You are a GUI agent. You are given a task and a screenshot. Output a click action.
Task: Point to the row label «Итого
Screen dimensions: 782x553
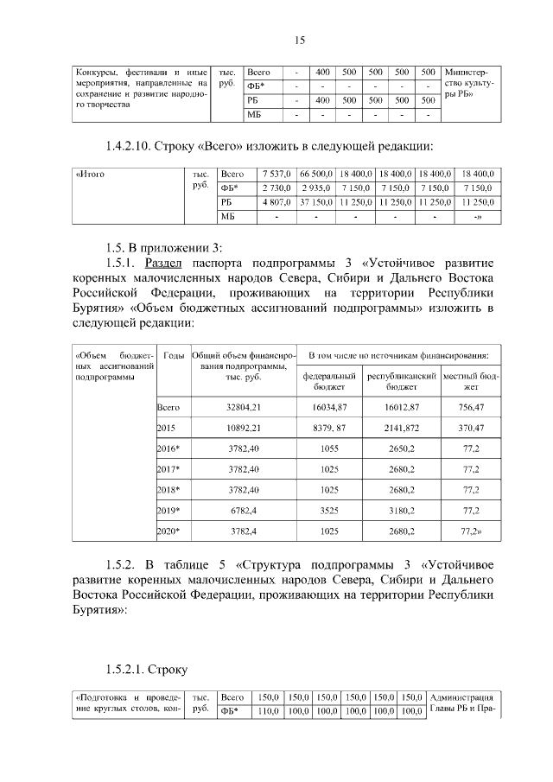(x=91, y=174)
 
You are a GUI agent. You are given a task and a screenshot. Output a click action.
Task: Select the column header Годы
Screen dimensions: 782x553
(x=173, y=355)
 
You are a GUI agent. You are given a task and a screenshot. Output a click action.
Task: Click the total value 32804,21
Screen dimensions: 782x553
(x=244, y=406)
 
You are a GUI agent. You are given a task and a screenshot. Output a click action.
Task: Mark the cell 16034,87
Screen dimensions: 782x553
(x=329, y=406)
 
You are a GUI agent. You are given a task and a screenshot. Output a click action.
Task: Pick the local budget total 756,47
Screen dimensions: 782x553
(x=471, y=406)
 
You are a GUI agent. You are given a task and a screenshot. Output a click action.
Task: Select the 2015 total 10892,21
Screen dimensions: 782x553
(x=244, y=428)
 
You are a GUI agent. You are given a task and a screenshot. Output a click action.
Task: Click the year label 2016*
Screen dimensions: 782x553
(x=168, y=448)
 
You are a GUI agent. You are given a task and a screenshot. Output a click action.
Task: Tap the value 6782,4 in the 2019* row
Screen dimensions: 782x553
(x=244, y=511)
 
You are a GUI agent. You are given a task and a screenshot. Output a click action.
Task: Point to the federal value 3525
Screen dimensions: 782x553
(x=329, y=511)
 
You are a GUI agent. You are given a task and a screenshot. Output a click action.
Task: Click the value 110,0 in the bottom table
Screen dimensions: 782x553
(x=270, y=712)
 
